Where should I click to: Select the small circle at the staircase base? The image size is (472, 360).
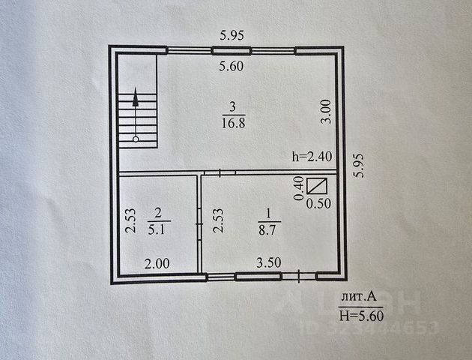tap(136, 139)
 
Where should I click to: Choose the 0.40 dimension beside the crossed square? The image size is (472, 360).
tap(299, 187)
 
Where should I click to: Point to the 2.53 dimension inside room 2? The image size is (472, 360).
tap(129, 222)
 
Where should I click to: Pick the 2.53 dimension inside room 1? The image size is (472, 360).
tap(217, 222)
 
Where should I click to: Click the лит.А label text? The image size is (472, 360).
tap(357, 297)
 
